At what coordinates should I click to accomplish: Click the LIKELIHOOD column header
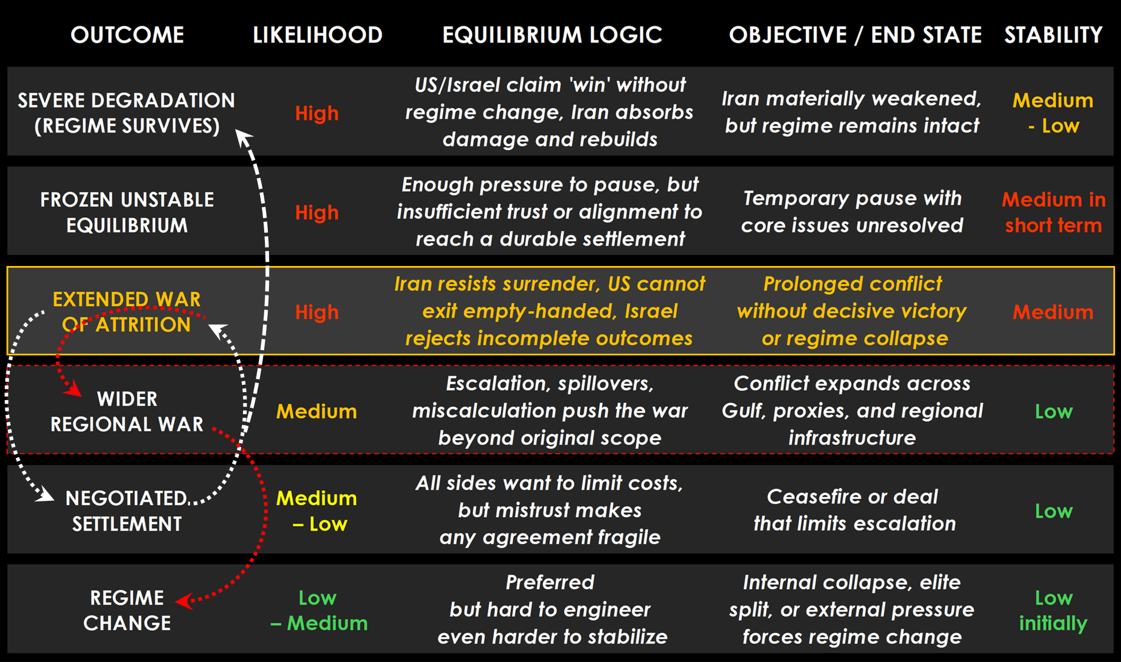317,35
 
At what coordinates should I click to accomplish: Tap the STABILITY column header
1053,35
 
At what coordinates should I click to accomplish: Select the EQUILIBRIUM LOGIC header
552,35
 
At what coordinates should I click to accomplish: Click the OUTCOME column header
127,35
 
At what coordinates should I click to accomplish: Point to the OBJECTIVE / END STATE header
855,35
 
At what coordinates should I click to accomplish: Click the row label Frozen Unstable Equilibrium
127,212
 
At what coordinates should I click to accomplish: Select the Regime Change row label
127,610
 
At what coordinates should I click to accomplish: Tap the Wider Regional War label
127,411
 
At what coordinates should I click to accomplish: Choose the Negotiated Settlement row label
127,511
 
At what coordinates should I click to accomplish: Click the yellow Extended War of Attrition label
127,312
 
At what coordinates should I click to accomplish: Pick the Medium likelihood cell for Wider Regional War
317,411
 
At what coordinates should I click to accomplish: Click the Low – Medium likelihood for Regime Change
318,610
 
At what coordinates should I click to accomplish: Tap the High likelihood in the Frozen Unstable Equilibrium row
317,212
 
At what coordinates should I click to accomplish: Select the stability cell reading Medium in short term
1053,212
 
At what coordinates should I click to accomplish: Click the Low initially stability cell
1053,610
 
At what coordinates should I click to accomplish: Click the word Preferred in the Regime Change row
550,583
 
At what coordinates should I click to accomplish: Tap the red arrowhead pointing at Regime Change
183,601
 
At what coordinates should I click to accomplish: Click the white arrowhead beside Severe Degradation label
242,137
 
